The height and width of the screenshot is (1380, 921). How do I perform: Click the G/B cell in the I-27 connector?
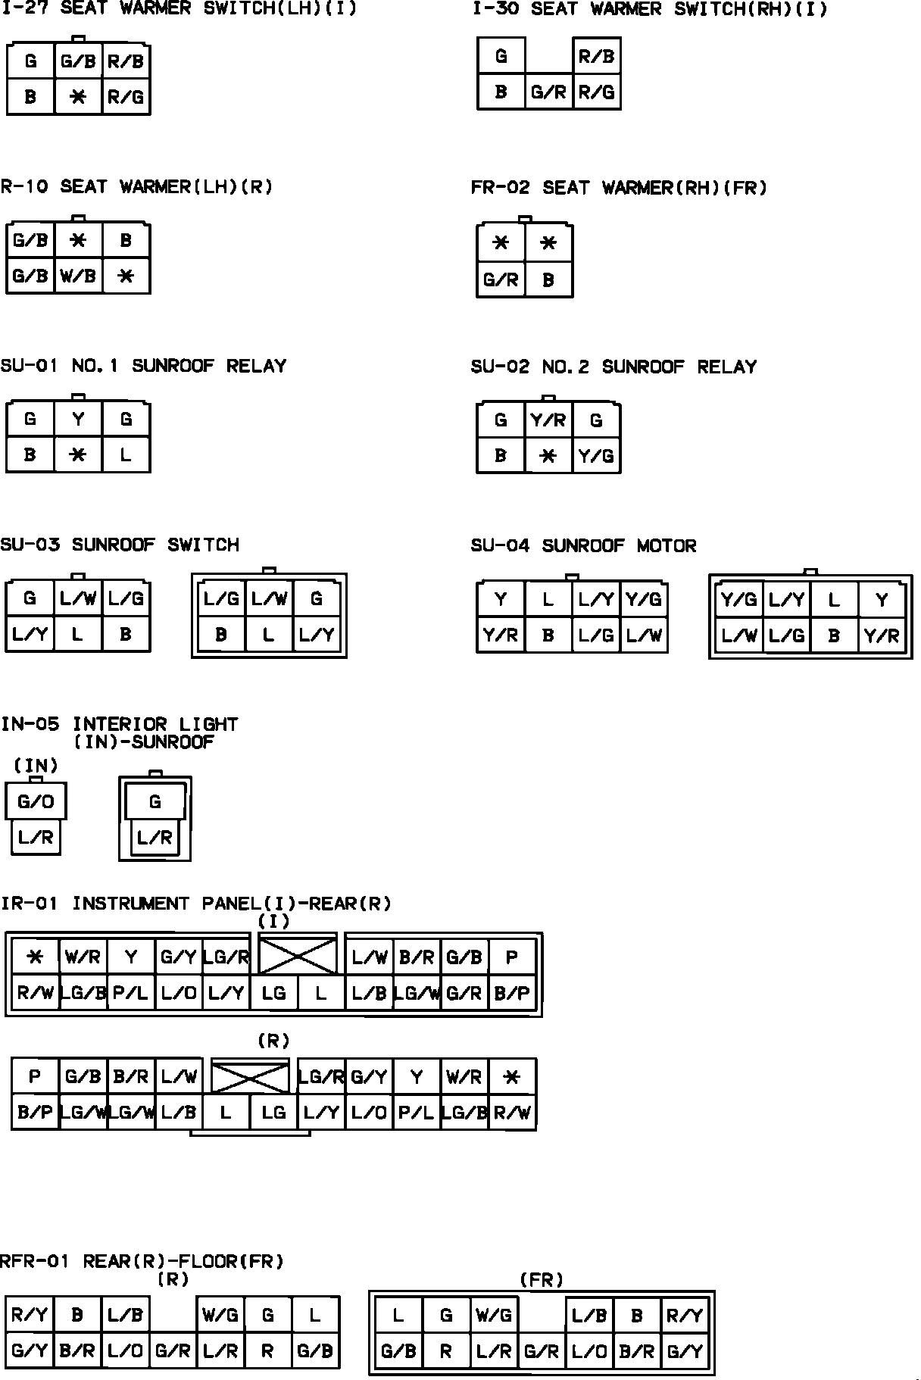pos(78,61)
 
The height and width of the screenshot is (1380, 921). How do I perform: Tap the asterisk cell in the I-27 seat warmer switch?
pos(78,97)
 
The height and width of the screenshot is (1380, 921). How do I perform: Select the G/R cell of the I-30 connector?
pos(548,92)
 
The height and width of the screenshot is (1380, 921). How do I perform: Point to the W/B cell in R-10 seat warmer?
pos(78,276)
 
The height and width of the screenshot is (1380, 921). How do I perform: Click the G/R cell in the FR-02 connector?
pos(501,280)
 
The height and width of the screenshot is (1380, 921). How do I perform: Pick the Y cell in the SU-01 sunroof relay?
pos(78,419)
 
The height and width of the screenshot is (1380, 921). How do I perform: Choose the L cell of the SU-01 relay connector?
pos(126,455)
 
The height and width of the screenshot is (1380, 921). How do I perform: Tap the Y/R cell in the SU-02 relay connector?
pos(548,420)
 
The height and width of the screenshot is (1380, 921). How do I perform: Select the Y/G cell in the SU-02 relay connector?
pos(596,456)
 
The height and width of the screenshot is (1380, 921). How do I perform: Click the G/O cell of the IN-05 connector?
pos(36,801)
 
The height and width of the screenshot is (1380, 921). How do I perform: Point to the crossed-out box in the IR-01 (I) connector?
pos(298,955)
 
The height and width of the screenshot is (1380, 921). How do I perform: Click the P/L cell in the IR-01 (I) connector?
pos(131,993)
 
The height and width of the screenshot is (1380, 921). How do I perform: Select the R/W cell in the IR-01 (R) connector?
pos(512,1113)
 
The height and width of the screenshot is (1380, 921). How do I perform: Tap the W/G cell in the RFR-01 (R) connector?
pos(220,1316)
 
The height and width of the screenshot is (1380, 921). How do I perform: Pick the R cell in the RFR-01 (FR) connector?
pos(446,1352)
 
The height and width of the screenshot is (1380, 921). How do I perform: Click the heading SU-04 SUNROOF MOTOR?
pos(583,545)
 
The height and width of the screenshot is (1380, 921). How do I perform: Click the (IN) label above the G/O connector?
pos(36,766)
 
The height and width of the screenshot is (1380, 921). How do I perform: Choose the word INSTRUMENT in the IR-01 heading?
pos(131,904)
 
